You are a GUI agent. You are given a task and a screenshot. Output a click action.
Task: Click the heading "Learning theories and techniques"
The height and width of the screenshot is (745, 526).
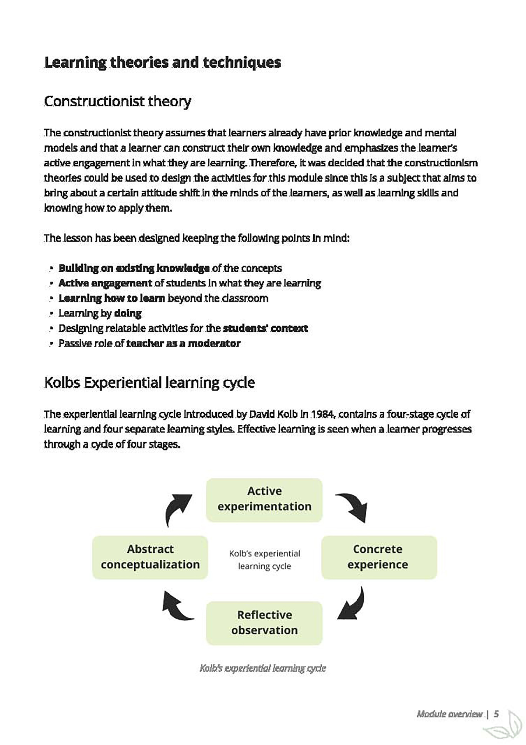(x=162, y=62)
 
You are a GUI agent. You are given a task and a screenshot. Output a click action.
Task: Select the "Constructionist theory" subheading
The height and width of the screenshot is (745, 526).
(x=117, y=101)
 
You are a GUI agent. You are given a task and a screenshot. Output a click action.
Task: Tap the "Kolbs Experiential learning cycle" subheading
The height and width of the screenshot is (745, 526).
(x=149, y=382)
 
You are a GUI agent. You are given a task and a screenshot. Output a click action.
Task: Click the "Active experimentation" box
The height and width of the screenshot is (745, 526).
(x=264, y=500)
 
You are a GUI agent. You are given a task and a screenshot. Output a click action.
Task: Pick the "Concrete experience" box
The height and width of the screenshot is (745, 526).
(x=379, y=557)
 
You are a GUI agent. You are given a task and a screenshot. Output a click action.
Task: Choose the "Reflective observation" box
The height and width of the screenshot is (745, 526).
(x=264, y=623)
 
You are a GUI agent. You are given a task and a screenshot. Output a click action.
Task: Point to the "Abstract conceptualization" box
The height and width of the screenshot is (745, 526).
(x=150, y=557)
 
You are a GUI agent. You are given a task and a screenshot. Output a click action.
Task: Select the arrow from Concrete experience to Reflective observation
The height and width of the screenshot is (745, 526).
(x=352, y=605)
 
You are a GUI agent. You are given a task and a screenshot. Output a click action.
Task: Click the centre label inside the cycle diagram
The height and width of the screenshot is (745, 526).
(x=264, y=560)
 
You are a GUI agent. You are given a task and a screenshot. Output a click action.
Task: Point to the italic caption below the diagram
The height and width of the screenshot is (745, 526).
(x=263, y=668)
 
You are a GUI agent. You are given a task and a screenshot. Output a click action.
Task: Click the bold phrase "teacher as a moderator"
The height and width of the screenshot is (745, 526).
(x=183, y=343)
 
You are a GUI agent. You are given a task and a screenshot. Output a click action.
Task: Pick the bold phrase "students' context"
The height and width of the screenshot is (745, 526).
(x=265, y=328)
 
